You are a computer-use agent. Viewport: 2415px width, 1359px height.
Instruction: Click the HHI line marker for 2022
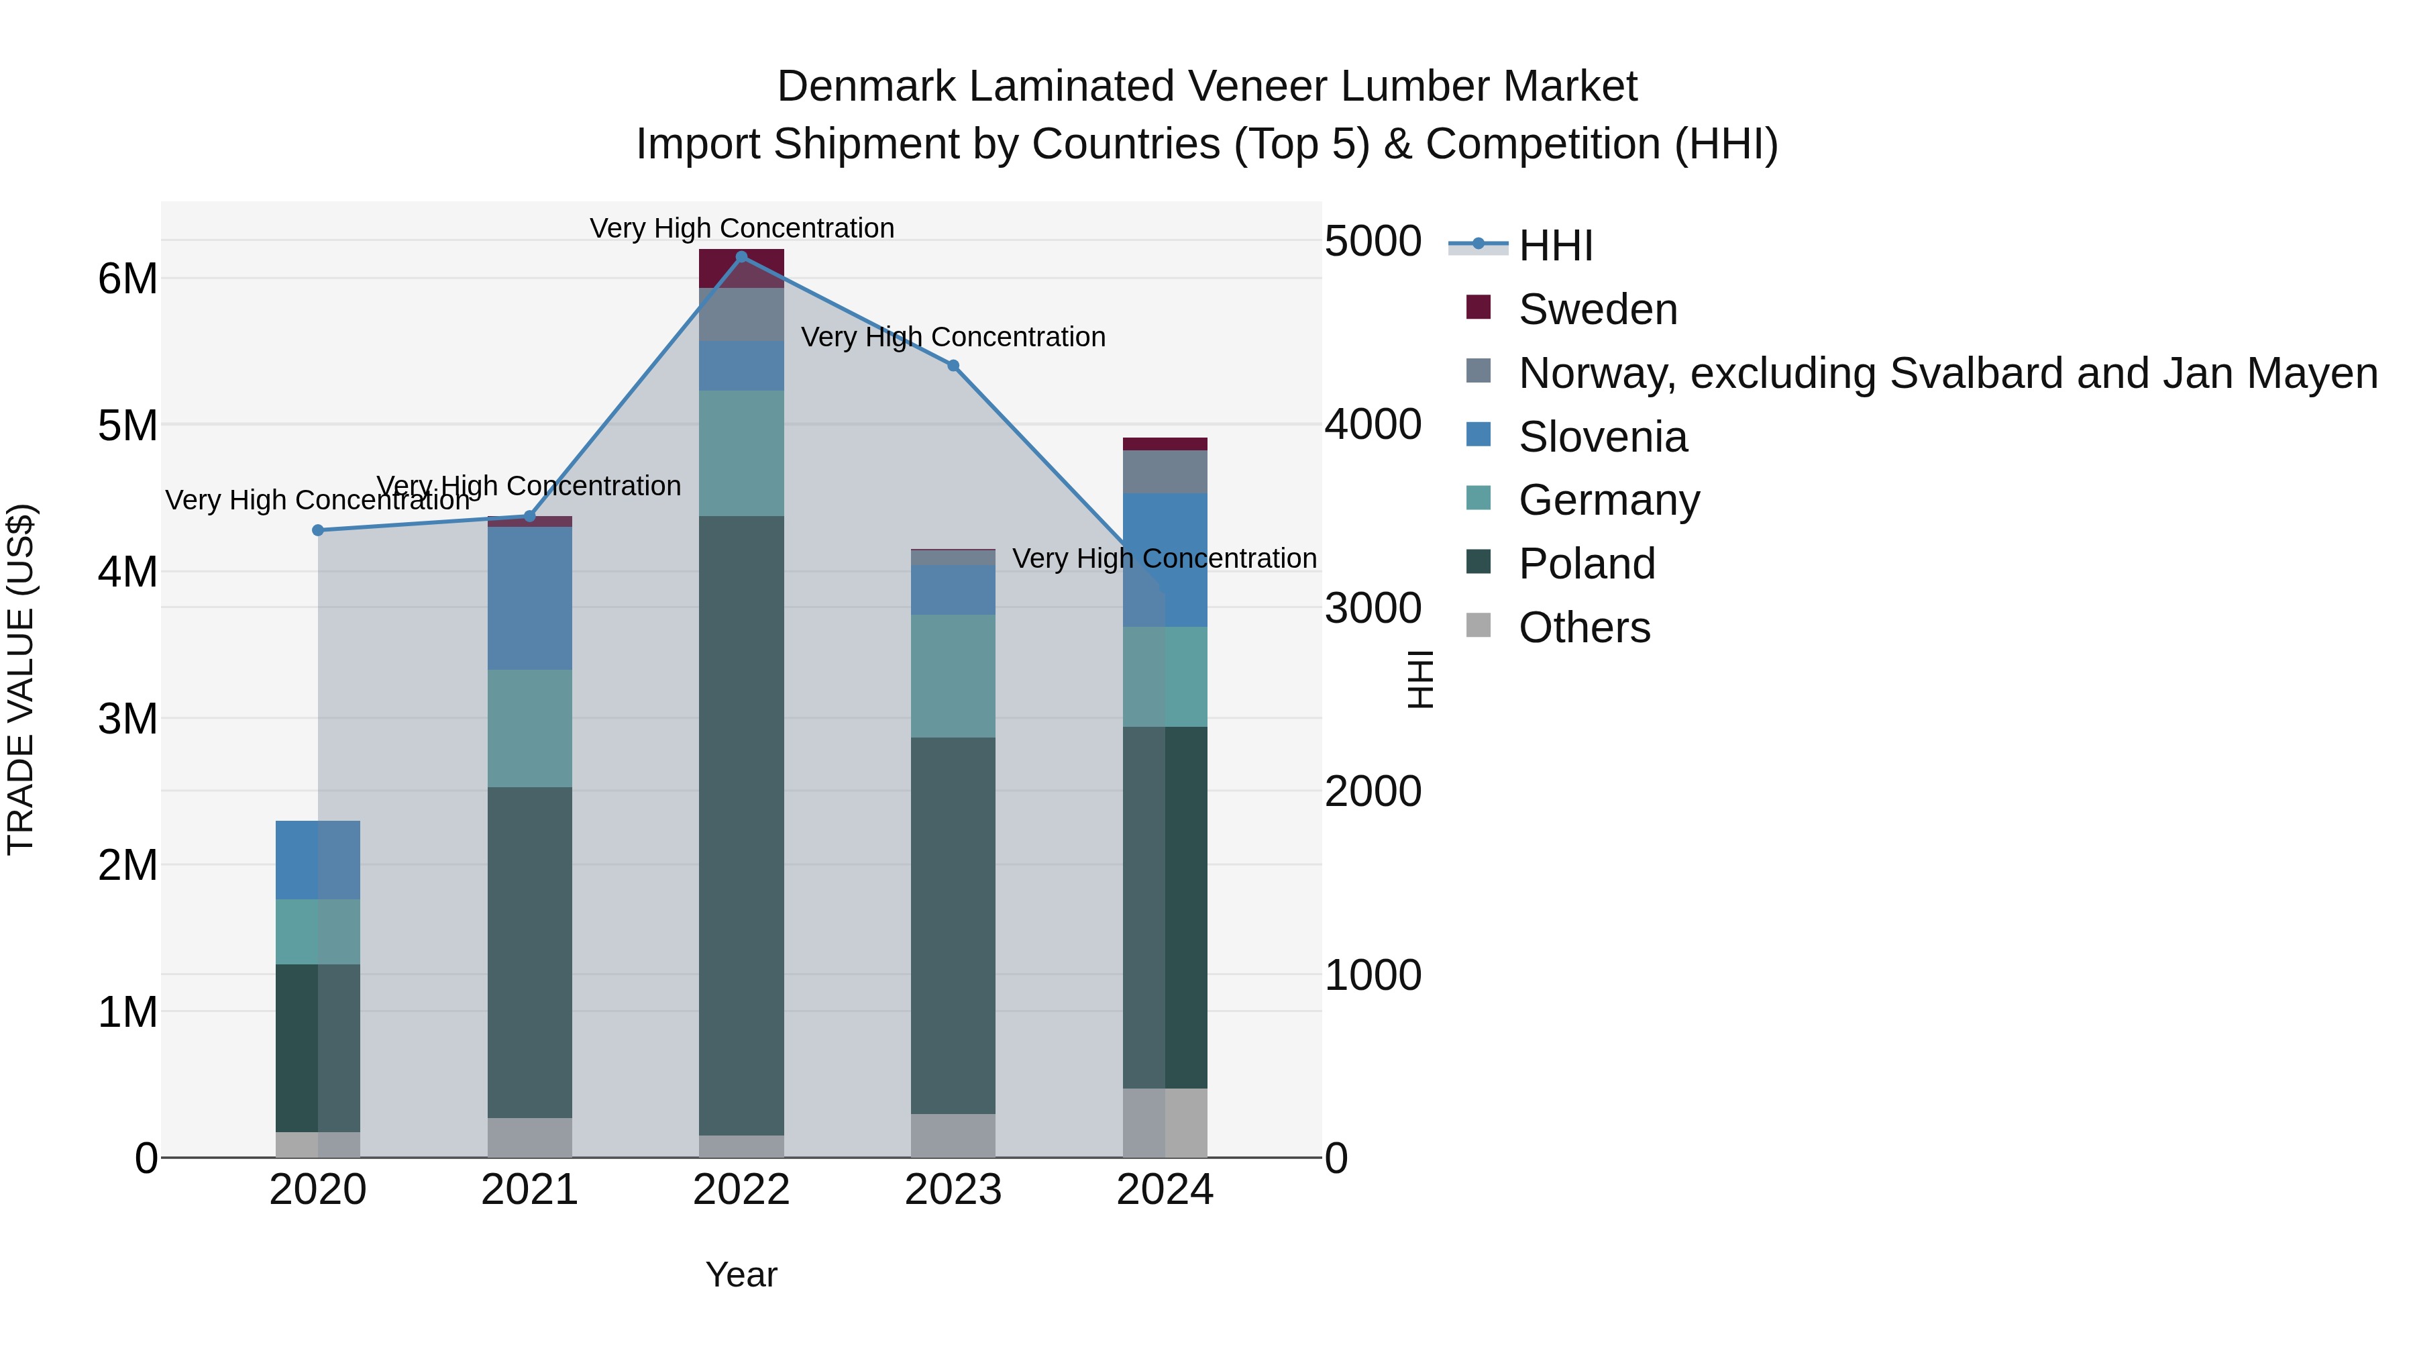741,257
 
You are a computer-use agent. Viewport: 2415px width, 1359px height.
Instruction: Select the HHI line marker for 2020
318,530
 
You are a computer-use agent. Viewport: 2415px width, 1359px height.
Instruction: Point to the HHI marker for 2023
953,366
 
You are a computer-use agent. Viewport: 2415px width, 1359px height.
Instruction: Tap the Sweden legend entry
1597,309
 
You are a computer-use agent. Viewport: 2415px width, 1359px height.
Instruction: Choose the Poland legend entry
1587,564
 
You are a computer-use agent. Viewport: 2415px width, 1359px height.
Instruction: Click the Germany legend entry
1609,500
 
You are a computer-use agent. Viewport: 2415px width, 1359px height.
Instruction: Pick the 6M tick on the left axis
128,279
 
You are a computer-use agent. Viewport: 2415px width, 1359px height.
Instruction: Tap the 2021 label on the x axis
530,1190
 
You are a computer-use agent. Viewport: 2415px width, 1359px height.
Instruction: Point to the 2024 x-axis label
1165,1190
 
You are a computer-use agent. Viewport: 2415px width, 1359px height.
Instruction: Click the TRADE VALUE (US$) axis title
21,679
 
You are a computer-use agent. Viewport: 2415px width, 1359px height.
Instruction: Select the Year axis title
741,1274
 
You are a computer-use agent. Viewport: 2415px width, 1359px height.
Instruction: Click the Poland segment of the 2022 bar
741,825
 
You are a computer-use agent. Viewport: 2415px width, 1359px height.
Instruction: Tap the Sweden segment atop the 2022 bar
741,269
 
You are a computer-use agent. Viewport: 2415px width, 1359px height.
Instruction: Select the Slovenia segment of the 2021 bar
530,599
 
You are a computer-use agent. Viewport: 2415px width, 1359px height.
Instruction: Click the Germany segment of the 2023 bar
953,676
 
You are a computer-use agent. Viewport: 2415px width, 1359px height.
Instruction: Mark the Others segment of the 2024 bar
1165,1123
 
